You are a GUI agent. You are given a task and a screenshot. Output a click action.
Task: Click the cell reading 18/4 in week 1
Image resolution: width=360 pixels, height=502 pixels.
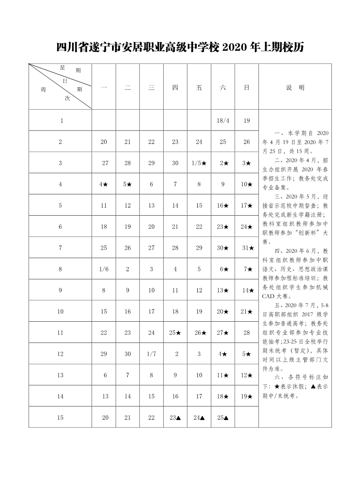[x=223, y=121]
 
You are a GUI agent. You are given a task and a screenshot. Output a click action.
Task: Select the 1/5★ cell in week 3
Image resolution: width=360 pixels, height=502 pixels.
[x=199, y=163]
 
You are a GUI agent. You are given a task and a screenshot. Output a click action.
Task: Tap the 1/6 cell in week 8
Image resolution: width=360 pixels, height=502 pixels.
[x=104, y=269]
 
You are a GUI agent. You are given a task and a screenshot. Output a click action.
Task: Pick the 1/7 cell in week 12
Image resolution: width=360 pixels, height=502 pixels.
[x=151, y=354]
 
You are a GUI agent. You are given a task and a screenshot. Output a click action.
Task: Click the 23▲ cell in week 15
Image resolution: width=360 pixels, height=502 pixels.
[x=175, y=418]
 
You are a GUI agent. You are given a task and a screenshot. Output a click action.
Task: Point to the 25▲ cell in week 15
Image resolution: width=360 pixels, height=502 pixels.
[x=223, y=418]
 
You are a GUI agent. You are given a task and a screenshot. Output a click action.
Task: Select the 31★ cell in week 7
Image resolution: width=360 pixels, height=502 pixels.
[x=247, y=248]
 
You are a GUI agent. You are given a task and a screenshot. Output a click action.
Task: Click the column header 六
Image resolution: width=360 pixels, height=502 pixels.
[x=223, y=88]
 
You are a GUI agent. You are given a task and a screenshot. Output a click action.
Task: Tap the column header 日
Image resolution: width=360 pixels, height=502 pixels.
[x=247, y=88]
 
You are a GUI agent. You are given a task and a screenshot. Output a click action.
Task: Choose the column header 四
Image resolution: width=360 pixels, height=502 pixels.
[x=175, y=88]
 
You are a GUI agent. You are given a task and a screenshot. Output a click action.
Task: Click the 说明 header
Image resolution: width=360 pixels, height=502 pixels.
[x=295, y=88]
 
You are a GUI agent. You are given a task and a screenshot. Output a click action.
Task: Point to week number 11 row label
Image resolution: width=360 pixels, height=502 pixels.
[x=60, y=333]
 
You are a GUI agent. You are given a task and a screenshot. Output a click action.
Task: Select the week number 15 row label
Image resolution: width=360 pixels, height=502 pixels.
[x=60, y=418]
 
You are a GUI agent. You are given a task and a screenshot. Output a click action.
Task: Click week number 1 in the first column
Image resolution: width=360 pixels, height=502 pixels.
[x=60, y=121]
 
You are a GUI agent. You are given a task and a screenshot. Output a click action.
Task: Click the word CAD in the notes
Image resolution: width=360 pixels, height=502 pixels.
[x=268, y=297]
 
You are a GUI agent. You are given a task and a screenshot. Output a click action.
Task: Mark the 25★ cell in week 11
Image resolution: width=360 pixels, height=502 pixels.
[x=175, y=333]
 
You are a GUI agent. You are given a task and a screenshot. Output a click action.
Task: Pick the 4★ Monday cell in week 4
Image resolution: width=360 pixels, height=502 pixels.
[x=104, y=184]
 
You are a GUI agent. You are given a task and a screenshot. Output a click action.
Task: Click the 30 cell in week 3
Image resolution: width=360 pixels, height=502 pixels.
[x=175, y=163]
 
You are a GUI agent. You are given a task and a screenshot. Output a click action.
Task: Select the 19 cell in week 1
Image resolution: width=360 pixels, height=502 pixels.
[x=247, y=121]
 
